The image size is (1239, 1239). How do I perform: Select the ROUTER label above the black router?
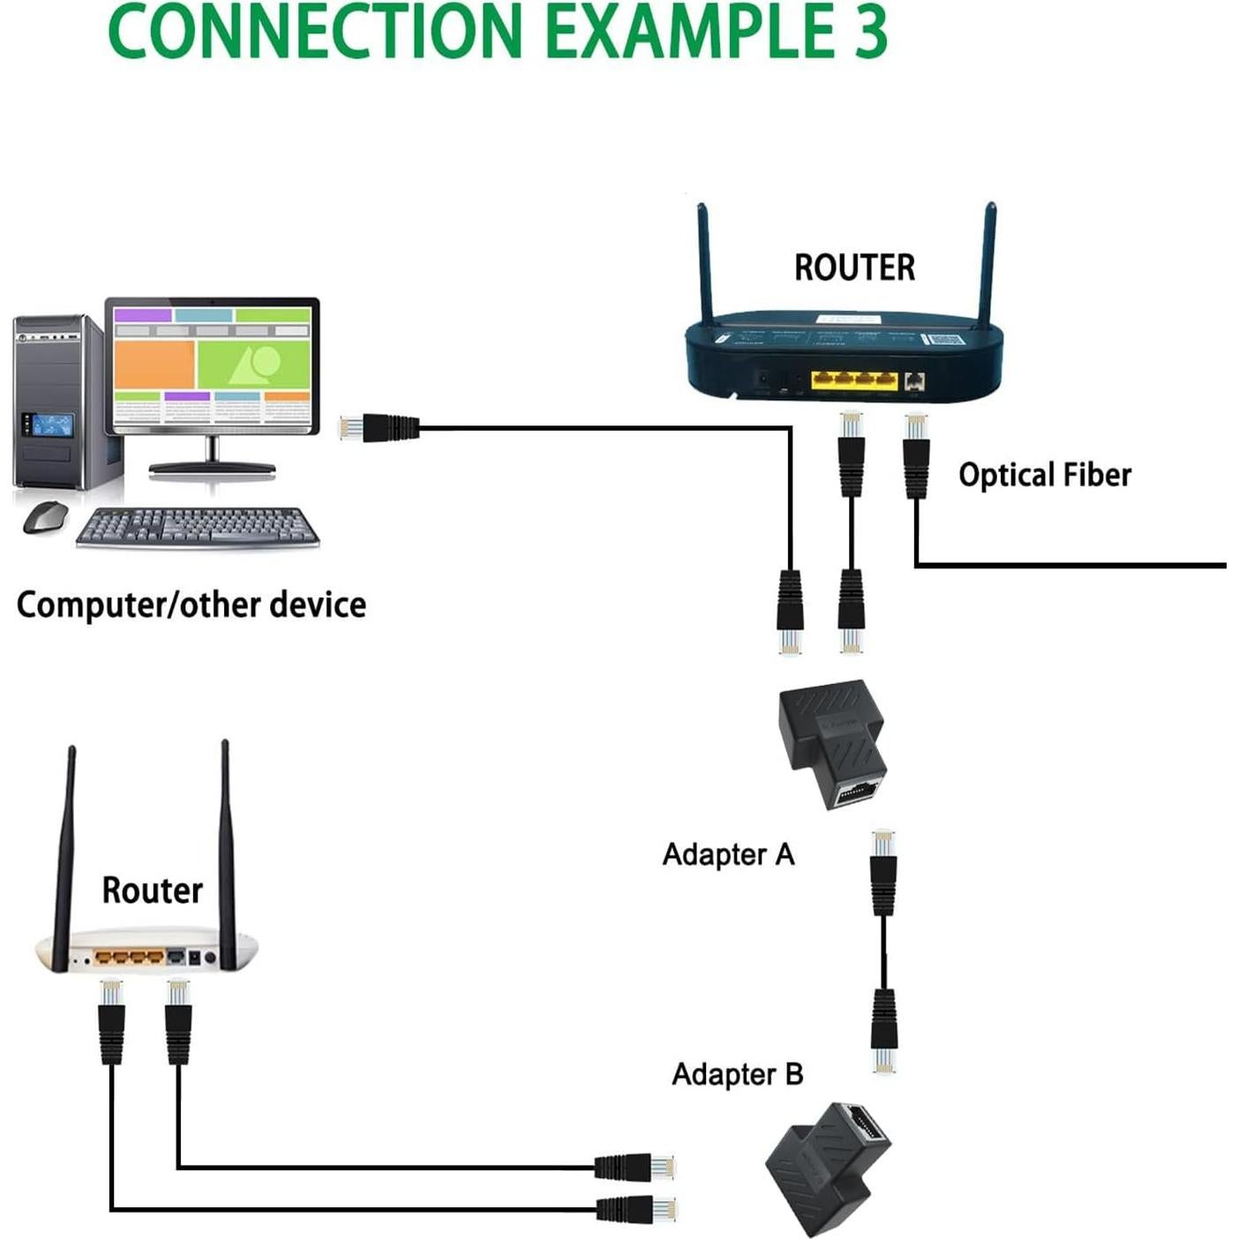(854, 267)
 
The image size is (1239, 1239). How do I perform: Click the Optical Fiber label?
(1044, 475)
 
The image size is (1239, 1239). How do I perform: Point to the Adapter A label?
(728, 854)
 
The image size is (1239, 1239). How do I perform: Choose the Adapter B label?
(737, 1074)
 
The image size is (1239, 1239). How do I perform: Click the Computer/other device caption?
(191, 605)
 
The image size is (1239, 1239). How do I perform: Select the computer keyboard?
(198, 529)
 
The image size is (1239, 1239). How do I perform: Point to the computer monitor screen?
(212, 366)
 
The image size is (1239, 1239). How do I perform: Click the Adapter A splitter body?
(834, 741)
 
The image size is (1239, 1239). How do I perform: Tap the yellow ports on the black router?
(854, 380)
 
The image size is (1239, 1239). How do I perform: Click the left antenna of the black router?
(705, 265)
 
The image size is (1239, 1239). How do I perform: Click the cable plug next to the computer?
(379, 428)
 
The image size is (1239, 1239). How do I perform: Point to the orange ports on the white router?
(130, 957)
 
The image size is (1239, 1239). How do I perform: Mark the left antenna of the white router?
(65, 856)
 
